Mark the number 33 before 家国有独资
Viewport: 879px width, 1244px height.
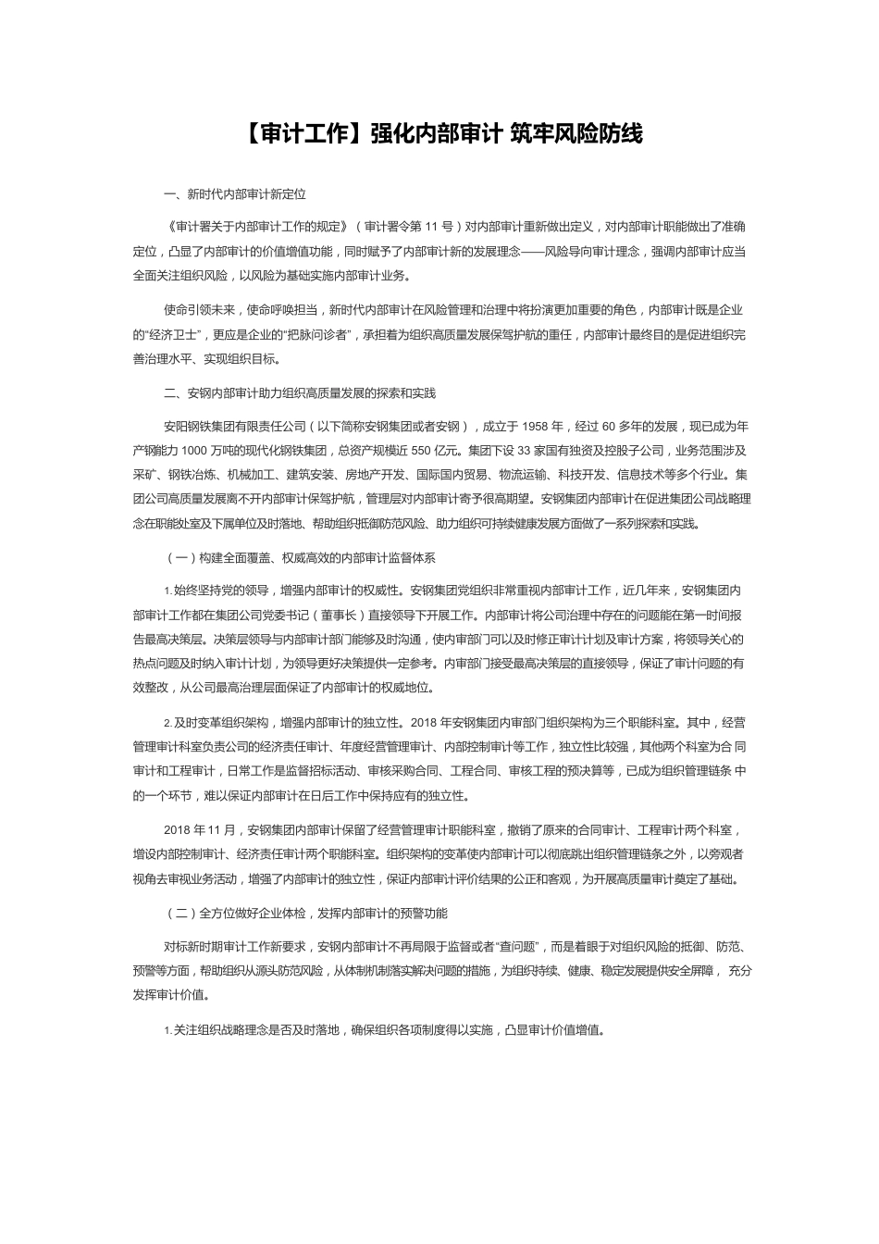(x=525, y=451)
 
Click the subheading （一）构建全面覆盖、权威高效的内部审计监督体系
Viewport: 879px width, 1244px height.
(x=300, y=558)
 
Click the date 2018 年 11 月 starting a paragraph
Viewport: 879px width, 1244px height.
(x=200, y=830)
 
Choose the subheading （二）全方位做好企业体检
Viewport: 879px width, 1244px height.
(x=305, y=913)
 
